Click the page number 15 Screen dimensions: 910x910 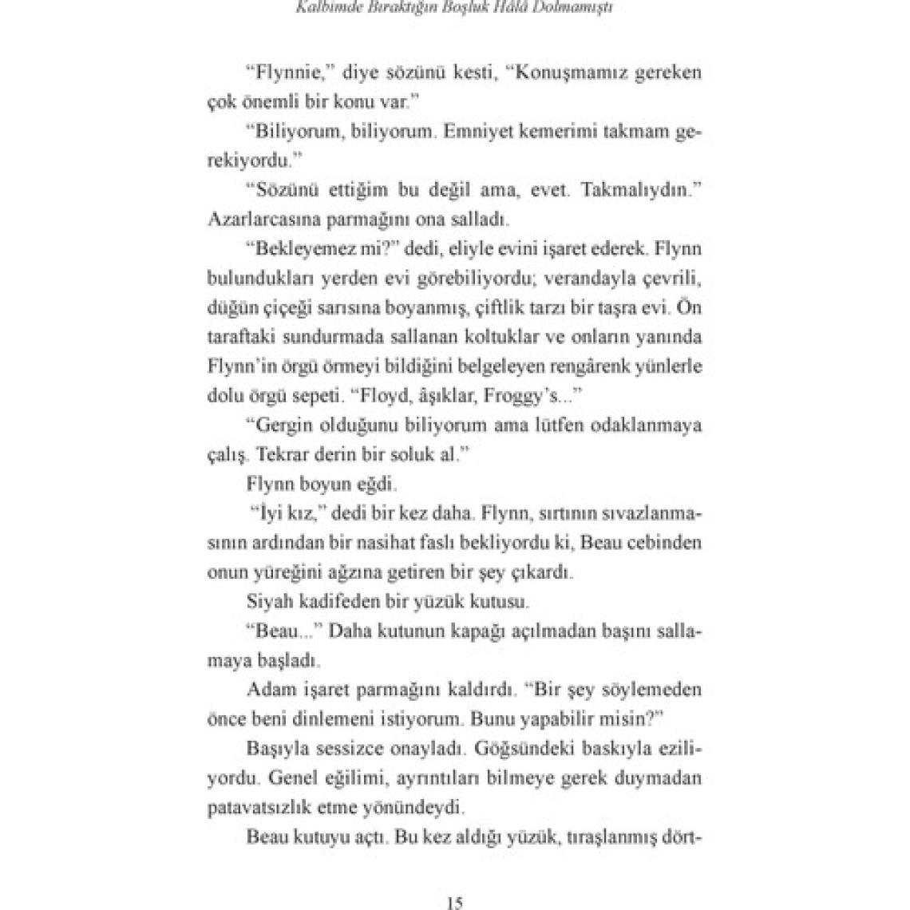pos(455,904)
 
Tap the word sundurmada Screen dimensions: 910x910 pos(317,337)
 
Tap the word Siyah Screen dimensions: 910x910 pos(270,601)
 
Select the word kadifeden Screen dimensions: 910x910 pos(340,601)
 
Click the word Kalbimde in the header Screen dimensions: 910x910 pos(325,10)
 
